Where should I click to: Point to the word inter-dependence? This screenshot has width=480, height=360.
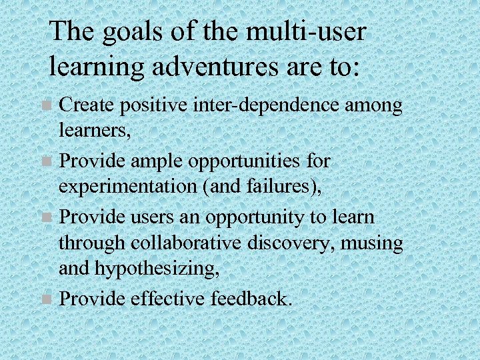click(x=279, y=105)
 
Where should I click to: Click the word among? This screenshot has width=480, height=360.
click(x=377, y=105)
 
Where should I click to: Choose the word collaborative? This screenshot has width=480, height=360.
click(x=174, y=244)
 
